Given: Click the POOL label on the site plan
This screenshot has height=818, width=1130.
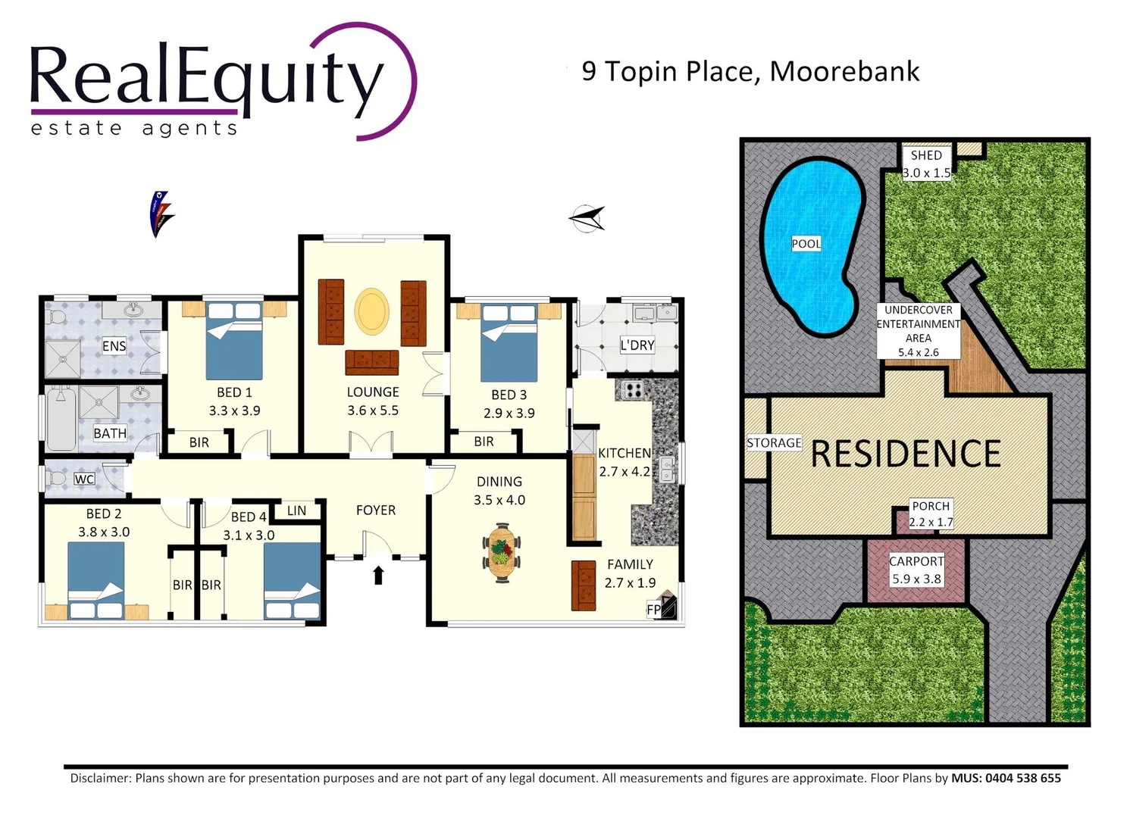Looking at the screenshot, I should pyautogui.click(x=806, y=243).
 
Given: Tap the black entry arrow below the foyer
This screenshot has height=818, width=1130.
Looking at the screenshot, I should pyautogui.click(x=378, y=576).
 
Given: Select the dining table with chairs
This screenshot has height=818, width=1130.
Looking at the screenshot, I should pyautogui.click(x=501, y=552).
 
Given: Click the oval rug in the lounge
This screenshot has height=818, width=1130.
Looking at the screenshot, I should pyautogui.click(x=372, y=311).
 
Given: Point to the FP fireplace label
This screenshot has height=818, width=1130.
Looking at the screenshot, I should pyautogui.click(x=653, y=609).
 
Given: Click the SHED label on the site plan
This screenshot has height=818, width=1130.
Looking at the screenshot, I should pyautogui.click(x=926, y=155).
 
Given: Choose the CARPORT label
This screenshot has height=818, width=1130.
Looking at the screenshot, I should pyautogui.click(x=916, y=561).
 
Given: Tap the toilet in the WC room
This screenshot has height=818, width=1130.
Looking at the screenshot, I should pyautogui.click(x=56, y=479).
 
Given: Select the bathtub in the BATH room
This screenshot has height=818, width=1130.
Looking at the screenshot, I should pyautogui.click(x=60, y=418).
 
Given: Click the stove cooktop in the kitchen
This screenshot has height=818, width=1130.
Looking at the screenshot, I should pyautogui.click(x=633, y=390).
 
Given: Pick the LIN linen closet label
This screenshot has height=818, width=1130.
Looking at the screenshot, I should pyautogui.click(x=296, y=510).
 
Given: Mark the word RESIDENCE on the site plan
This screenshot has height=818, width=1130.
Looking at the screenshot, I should pyautogui.click(x=906, y=454).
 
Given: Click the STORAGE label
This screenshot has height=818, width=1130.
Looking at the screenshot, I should pyautogui.click(x=774, y=443).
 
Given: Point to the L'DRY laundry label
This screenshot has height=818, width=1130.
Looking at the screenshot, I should pyautogui.click(x=637, y=345).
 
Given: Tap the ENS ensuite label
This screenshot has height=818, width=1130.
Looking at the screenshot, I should pyautogui.click(x=114, y=346).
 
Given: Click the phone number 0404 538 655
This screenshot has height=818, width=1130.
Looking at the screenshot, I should pyautogui.click(x=1022, y=778).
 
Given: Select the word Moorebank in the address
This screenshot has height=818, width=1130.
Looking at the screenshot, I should pyautogui.click(x=844, y=71).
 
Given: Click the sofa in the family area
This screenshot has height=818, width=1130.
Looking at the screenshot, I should pyautogui.click(x=583, y=585).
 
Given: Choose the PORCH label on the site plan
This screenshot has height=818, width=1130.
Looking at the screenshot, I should pyautogui.click(x=931, y=506).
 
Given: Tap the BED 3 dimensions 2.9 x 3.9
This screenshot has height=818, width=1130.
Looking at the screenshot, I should pyautogui.click(x=509, y=414).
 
